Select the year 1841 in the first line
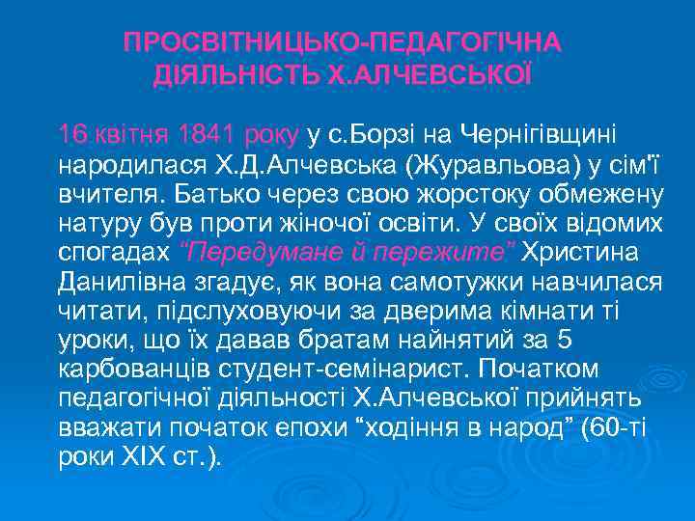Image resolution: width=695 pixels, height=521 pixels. tap(207, 132)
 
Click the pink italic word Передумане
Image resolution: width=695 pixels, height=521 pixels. tap(249, 254)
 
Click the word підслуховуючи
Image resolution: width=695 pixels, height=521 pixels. tap(219, 315)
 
